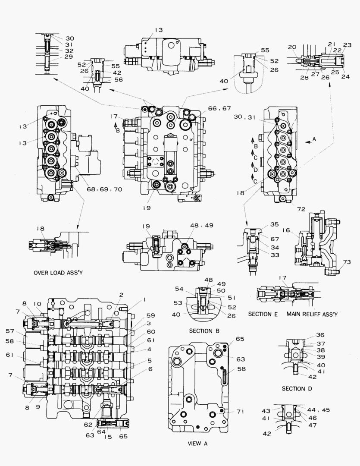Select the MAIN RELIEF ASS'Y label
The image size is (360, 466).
[x=312, y=314]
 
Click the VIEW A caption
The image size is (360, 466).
[x=197, y=443]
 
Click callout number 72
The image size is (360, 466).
[x=301, y=208]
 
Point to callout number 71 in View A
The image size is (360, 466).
[x=240, y=412]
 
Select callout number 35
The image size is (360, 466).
[x=274, y=224]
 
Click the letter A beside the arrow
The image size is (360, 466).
[x=314, y=139]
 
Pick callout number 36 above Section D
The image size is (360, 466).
[x=319, y=334]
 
